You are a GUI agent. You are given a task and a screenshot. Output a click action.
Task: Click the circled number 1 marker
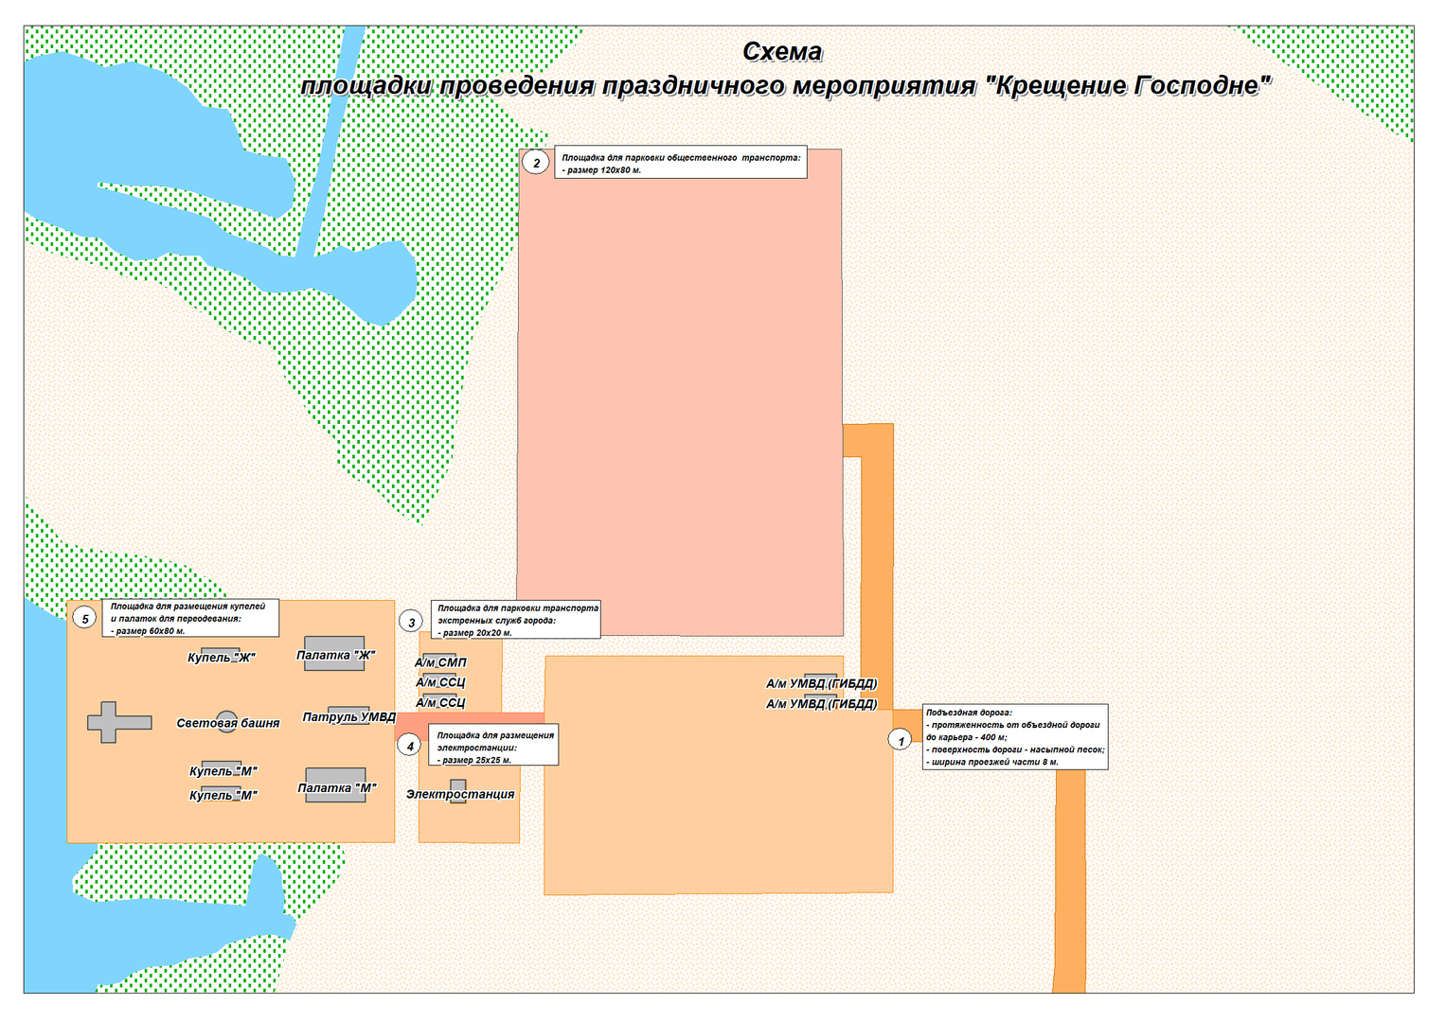coord(901,740)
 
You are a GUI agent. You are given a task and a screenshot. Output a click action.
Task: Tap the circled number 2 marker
coord(536,163)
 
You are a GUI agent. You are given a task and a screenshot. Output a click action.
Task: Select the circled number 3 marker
coord(411,622)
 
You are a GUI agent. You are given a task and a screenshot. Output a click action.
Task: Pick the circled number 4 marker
coord(410,746)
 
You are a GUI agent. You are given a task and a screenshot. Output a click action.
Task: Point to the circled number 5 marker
coord(84,619)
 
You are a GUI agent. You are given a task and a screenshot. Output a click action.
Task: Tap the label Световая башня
coord(227,723)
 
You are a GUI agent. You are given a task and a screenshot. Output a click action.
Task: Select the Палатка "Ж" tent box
coord(334,654)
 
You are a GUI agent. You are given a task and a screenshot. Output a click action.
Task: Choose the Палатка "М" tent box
coord(335,786)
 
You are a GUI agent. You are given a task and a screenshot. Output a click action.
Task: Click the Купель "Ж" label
coord(221,657)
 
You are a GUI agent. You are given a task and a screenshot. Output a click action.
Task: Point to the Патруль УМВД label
coord(348,716)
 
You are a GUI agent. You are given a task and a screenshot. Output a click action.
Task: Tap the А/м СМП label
coord(440,662)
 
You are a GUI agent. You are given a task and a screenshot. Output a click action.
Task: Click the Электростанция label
coord(460,794)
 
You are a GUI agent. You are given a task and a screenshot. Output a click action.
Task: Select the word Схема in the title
coord(782,52)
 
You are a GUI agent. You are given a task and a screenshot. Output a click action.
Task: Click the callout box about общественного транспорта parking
coord(680,164)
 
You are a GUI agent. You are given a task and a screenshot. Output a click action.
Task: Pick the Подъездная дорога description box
coord(1014,737)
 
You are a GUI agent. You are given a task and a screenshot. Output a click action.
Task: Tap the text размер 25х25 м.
coord(476,760)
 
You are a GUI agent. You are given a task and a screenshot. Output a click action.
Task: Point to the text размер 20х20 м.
coord(476,632)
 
